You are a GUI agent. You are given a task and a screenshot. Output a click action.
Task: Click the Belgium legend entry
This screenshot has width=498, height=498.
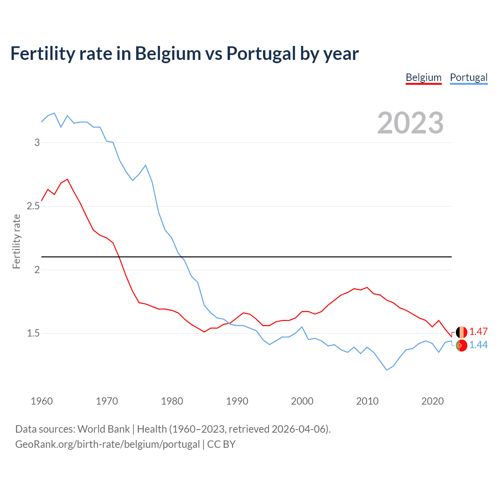click(x=423, y=77)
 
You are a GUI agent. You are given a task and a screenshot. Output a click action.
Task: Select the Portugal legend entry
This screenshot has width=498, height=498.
click(x=468, y=77)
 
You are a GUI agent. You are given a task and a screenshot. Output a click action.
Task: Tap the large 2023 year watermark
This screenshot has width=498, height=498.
click(x=410, y=123)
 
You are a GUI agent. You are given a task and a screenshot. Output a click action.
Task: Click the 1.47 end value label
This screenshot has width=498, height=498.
click(x=478, y=331)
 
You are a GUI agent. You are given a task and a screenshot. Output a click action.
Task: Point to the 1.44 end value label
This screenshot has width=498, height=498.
click(x=478, y=345)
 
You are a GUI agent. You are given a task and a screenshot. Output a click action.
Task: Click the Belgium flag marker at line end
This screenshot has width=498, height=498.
click(x=461, y=332)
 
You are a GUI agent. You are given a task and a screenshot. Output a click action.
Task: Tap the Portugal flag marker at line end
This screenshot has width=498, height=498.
click(x=461, y=345)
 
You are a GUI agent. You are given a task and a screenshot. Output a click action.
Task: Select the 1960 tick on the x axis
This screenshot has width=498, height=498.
click(x=42, y=401)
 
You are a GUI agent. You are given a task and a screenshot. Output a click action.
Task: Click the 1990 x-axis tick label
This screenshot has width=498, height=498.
click(x=237, y=401)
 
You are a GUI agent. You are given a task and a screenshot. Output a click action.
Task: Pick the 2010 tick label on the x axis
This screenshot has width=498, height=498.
click(x=367, y=401)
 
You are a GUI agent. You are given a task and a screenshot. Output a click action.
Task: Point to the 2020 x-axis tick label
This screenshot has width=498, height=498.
click(x=432, y=401)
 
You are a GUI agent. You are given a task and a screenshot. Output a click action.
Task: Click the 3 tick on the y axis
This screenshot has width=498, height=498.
click(x=37, y=142)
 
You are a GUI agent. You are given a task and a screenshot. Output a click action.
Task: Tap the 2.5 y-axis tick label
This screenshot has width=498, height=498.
click(x=33, y=206)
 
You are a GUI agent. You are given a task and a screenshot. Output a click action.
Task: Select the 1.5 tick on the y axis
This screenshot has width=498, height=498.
click(x=33, y=333)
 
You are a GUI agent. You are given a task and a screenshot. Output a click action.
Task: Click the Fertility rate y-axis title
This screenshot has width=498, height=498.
click(x=16, y=241)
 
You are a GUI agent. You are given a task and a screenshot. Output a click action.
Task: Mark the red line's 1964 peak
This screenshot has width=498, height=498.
click(x=68, y=179)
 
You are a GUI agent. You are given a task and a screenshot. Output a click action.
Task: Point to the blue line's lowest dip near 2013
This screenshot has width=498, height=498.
click(x=387, y=370)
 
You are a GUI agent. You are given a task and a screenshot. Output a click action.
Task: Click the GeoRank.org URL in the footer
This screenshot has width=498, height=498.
click(x=107, y=444)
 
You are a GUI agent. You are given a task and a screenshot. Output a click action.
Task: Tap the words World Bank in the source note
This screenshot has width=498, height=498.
click(x=103, y=429)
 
